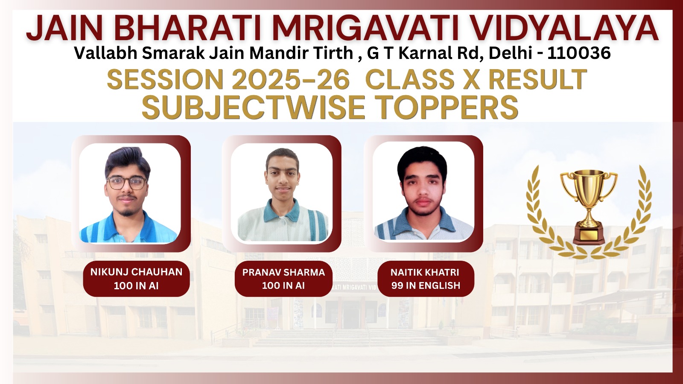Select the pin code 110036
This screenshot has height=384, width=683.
click(579, 53)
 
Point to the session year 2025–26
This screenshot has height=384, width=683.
click(291, 79)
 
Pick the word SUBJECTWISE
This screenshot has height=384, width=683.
click(254, 107)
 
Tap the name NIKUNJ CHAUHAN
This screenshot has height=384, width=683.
click(136, 272)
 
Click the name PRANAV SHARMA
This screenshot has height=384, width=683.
click(283, 272)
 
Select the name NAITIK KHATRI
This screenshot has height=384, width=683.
click(425, 272)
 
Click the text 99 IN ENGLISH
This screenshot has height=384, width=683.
click(426, 285)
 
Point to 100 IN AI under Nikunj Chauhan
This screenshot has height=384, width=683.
click(136, 286)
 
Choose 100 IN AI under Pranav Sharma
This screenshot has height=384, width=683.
click(283, 285)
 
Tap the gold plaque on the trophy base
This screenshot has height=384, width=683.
click(589, 235)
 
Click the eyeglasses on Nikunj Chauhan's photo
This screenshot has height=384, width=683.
click(127, 183)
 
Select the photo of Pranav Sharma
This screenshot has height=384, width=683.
click(282, 192)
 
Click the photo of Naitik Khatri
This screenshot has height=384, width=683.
click(423, 192)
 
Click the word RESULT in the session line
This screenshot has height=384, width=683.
click(538, 79)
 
